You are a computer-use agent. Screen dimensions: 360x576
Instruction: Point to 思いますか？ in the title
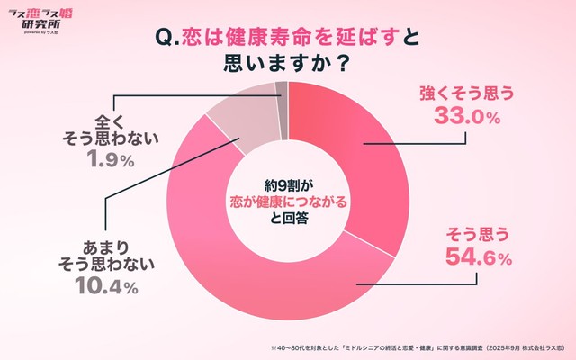coord(287,67)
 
